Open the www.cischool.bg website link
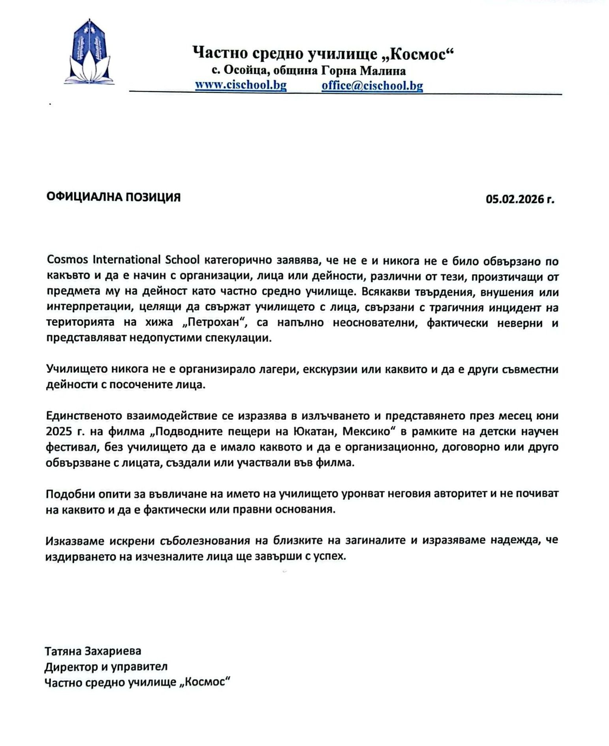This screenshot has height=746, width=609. tap(241, 85)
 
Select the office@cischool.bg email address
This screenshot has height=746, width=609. tap(372, 86)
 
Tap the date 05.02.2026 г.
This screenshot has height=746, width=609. tap(520, 200)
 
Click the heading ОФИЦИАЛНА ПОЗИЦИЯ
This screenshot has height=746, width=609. tap(113, 197)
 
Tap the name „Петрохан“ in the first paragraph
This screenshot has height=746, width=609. tap(214, 323)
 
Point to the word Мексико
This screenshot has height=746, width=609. tap(369, 432)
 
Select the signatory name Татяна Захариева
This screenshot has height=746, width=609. tap(93, 650)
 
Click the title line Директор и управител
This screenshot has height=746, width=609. tap(106, 667)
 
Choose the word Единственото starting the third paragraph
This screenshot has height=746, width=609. tap(83, 416)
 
